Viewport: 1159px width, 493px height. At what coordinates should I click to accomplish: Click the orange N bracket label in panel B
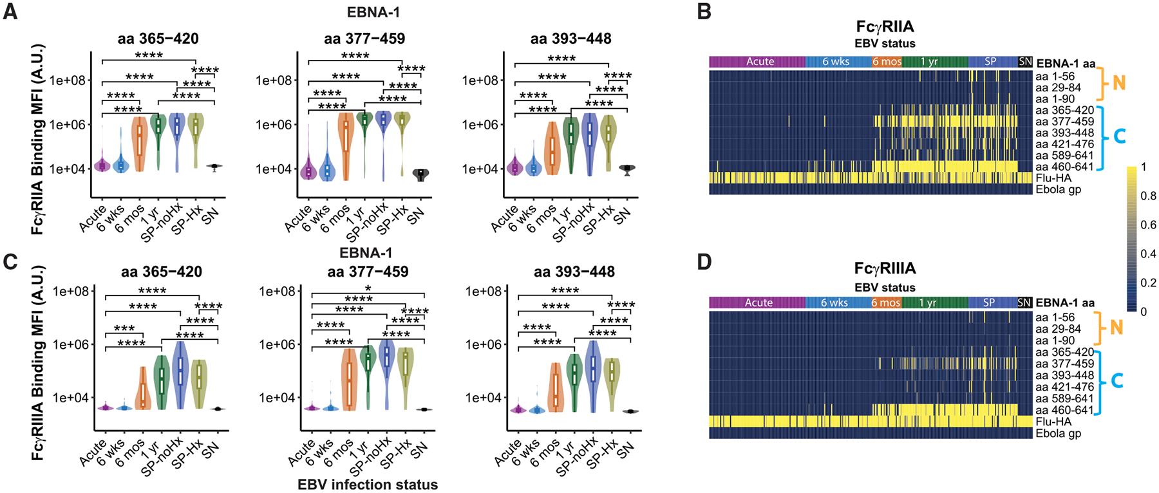(x=1118, y=84)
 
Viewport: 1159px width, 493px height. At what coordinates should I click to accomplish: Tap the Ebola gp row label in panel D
(x=1058, y=433)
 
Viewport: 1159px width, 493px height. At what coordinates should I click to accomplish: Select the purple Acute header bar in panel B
(x=758, y=62)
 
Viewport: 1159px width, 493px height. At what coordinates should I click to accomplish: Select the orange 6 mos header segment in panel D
(x=886, y=302)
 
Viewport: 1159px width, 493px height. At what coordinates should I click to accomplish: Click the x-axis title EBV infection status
(x=368, y=485)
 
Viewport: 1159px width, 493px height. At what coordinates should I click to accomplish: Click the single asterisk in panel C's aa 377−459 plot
(x=367, y=287)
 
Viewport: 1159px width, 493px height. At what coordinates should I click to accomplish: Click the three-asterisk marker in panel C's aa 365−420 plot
(x=124, y=328)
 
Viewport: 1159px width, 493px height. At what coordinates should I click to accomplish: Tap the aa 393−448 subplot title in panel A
(x=570, y=39)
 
